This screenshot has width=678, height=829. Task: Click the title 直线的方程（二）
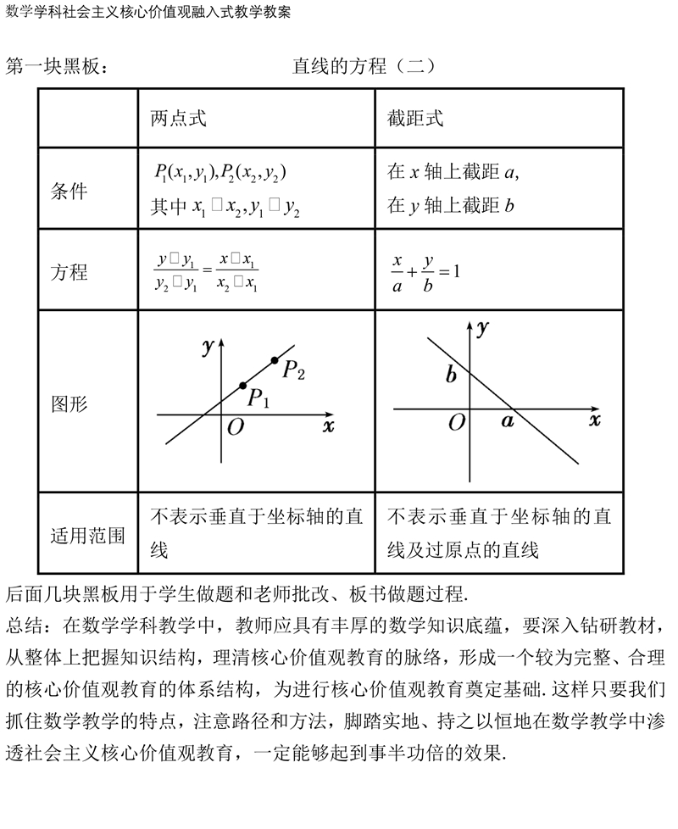pyautogui.click(x=364, y=66)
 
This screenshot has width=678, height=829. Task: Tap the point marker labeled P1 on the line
pyautogui.click(x=243, y=385)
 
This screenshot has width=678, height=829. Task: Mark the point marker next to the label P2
pyautogui.click(x=274, y=361)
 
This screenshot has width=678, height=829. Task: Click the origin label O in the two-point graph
pyautogui.click(x=235, y=427)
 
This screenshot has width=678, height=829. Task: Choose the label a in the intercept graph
pyautogui.click(x=508, y=421)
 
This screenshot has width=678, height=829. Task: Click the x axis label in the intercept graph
pyautogui.click(x=594, y=420)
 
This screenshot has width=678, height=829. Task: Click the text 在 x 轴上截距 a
pyautogui.click(x=452, y=172)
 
